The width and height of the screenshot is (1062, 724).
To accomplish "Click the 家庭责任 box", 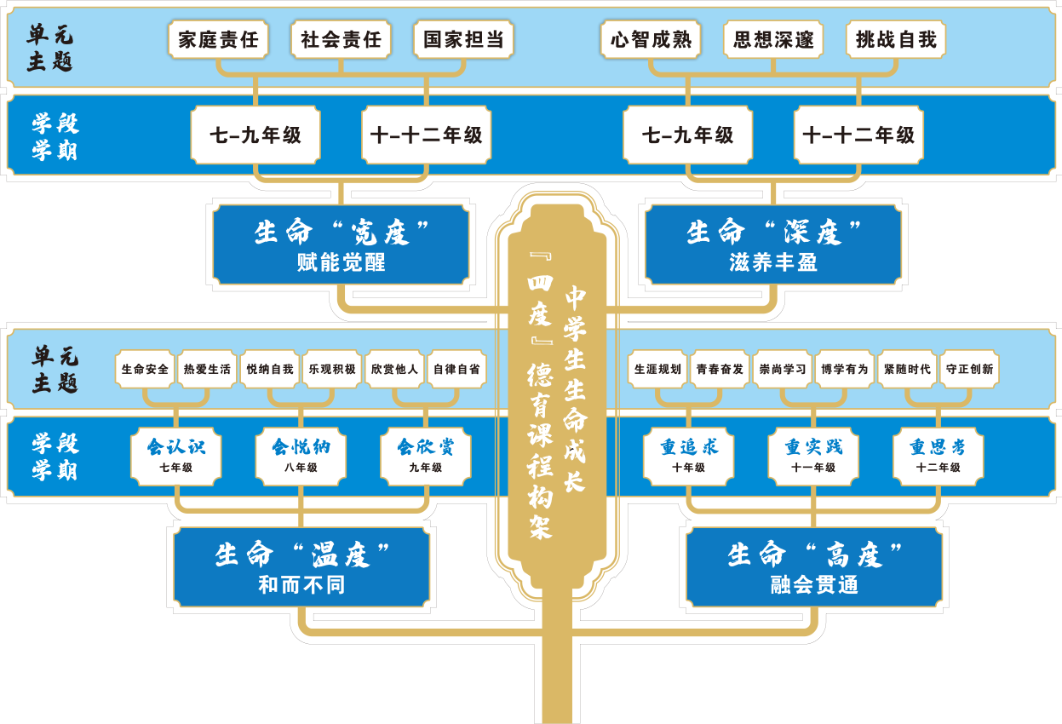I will [x=219, y=40].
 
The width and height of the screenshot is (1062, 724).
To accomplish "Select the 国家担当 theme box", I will [x=464, y=40].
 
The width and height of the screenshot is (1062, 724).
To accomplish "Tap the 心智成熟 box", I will [x=652, y=40].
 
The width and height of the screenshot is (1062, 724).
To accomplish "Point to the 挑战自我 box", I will [x=896, y=40].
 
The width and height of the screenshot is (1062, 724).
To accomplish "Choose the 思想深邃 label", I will [x=774, y=40].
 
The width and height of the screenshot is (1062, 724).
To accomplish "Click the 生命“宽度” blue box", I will [x=341, y=244].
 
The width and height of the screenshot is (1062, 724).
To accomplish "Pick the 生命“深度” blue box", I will [x=773, y=244].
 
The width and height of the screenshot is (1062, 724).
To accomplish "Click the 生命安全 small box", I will [x=145, y=370].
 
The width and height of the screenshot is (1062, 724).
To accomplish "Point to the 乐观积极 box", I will [x=332, y=370].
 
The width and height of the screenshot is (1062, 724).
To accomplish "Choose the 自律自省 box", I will [x=456, y=370].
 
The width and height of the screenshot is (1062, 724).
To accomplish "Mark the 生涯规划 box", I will [x=657, y=370].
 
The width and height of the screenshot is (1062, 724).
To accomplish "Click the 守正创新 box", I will [x=969, y=370].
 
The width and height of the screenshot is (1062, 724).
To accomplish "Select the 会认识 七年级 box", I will [x=176, y=456].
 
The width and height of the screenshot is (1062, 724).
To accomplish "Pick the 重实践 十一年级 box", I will [x=813, y=456].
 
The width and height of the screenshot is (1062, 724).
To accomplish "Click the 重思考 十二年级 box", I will [x=938, y=456].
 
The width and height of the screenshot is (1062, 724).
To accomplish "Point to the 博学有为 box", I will [x=845, y=370].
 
